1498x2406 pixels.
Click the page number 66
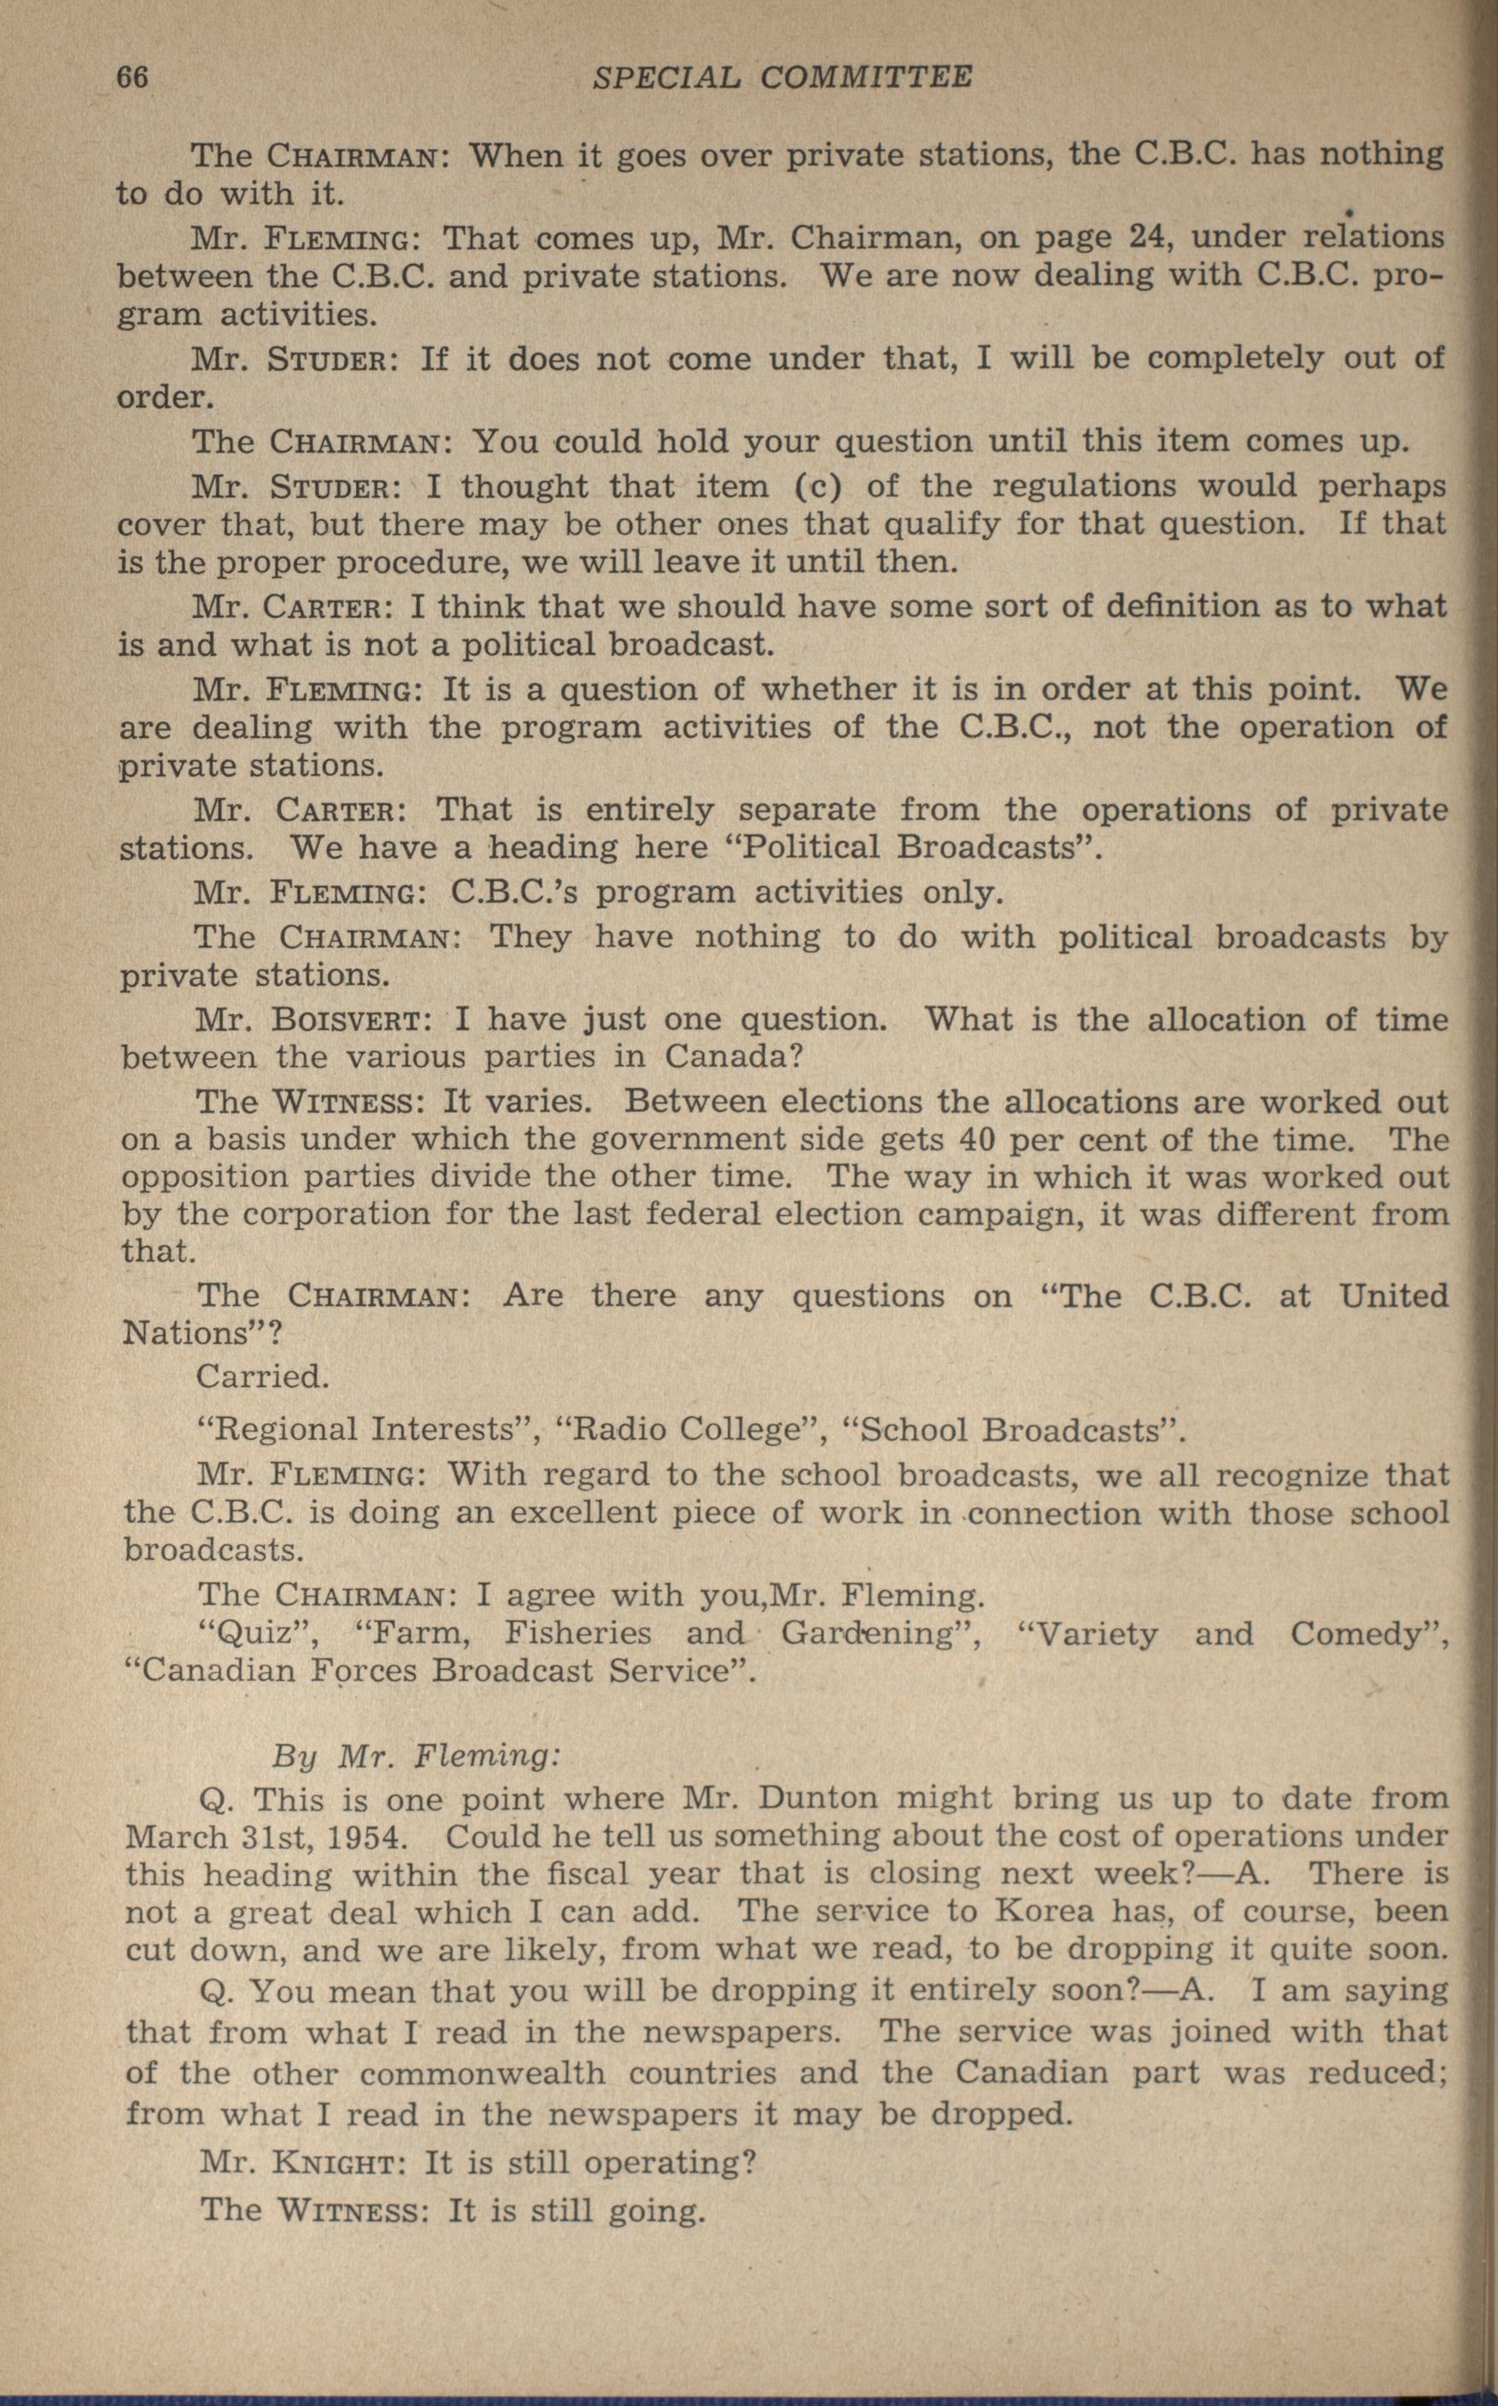(x=132, y=76)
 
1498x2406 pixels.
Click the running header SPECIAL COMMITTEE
(x=781, y=76)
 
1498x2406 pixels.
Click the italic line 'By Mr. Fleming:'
(x=416, y=1756)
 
